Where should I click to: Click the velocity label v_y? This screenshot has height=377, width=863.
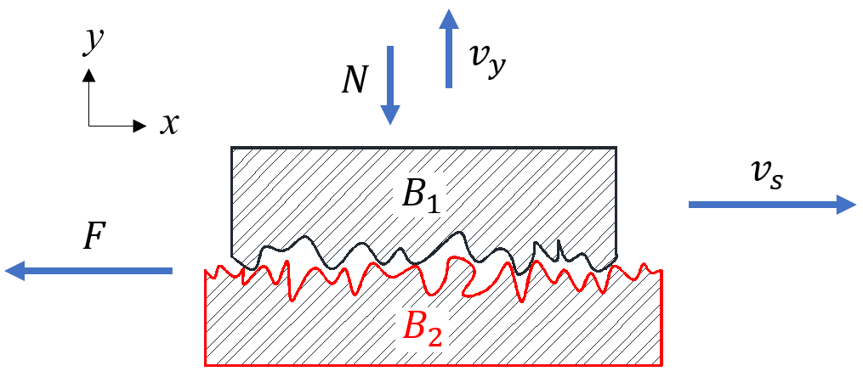coord(487,59)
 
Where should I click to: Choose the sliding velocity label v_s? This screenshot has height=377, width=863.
coord(763,177)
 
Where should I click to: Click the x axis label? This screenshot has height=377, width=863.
coord(170,125)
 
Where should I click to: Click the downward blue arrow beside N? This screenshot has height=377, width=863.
coord(390,85)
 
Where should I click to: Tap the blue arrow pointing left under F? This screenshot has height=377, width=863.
coord(88,271)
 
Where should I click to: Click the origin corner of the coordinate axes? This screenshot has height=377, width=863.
coord(88,127)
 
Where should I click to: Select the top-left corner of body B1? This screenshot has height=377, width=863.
coord(231,148)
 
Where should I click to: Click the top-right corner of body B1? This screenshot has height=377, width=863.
coord(616,148)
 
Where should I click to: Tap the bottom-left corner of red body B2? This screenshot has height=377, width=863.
coord(205,366)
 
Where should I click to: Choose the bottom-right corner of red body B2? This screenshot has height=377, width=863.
coord(661,366)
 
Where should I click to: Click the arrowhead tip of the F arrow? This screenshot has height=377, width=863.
coord(5,271)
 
